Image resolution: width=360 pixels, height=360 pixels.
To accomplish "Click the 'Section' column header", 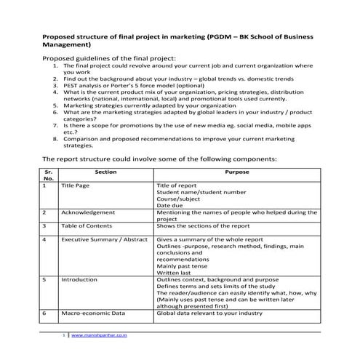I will coord(105,172).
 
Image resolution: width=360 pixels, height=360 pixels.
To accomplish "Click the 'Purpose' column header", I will coord(237,172).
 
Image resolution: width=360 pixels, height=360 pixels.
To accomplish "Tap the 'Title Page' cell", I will coord(76,185).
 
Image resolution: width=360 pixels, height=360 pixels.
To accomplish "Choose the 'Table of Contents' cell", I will coord(87,225).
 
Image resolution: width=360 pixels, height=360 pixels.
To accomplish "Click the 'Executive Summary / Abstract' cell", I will coord(105,239).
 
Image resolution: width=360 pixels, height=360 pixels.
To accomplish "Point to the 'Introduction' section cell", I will coord(79,279).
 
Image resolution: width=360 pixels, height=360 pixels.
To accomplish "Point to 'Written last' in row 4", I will coord(175,272).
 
